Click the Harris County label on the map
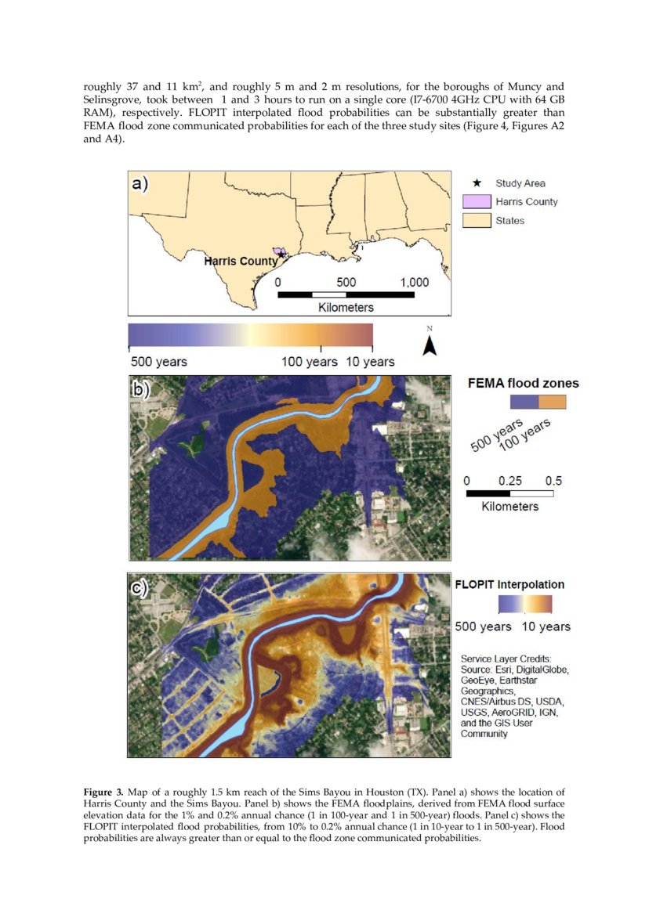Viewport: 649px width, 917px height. (x=241, y=261)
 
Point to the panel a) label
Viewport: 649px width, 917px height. (x=140, y=184)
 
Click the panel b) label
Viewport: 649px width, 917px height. (x=140, y=389)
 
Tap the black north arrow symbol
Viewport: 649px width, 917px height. (x=429, y=345)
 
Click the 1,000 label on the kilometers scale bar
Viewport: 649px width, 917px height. (x=414, y=282)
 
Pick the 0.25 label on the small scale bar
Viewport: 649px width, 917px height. (x=510, y=480)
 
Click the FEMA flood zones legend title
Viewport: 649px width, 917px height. (x=523, y=383)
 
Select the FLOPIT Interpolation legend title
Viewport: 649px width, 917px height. (x=509, y=584)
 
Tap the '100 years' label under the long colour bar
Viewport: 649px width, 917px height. (x=309, y=362)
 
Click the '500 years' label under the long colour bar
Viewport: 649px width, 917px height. (x=158, y=362)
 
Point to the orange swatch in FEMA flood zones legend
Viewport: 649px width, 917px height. (x=552, y=402)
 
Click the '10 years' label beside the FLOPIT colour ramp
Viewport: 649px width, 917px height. (x=546, y=626)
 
